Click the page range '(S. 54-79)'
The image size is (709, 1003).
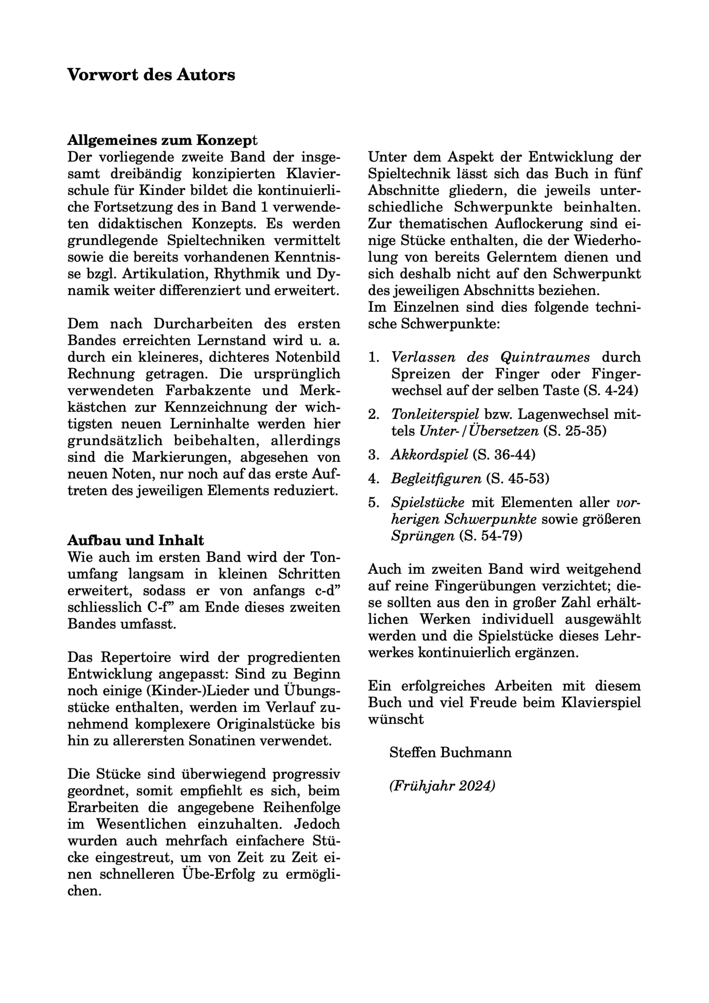click(x=491, y=536)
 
